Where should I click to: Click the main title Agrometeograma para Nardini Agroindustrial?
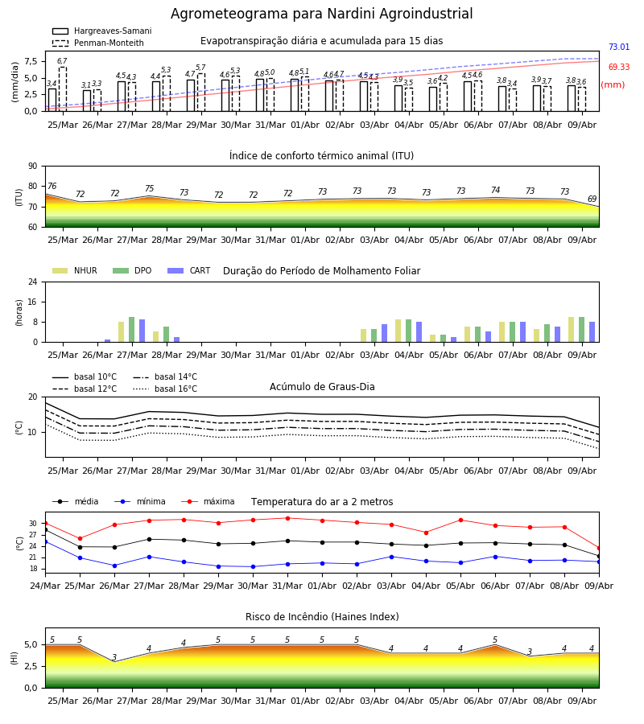(x=321, y=14)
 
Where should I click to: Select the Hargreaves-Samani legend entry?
(x=101, y=31)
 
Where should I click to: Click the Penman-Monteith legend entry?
(x=98, y=43)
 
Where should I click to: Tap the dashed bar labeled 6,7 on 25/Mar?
(x=62, y=89)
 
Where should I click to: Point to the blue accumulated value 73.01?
(x=619, y=47)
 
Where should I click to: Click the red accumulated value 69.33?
(x=619, y=67)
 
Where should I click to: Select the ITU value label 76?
(x=52, y=186)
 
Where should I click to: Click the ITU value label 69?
(x=592, y=199)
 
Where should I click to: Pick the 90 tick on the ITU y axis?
(x=33, y=167)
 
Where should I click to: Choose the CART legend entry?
(x=189, y=270)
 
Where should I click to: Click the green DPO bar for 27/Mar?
(x=132, y=330)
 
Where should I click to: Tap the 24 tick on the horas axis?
(x=33, y=282)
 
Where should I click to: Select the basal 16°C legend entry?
(x=165, y=389)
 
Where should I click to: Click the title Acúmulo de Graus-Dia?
(x=322, y=387)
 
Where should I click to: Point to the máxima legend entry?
(x=208, y=501)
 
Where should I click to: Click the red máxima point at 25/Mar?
(x=80, y=538)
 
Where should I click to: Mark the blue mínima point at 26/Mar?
(x=114, y=566)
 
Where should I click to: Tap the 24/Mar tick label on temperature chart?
(x=45, y=586)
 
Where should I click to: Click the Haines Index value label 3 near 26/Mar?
(x=114, y=657)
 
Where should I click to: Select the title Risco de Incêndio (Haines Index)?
(x=322, y=617)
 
